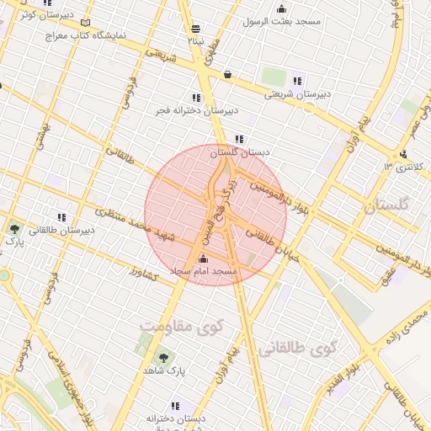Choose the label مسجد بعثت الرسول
pos(280,21)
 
